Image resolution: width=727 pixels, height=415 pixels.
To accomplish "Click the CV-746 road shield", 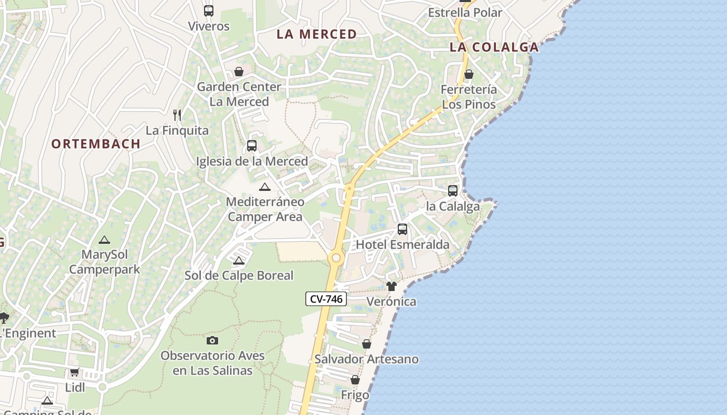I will tap(326, 299).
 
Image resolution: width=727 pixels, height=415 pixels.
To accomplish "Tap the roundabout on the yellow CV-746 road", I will tap(336, 258).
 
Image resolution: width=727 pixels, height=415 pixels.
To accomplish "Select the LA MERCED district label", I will tap(317, 34).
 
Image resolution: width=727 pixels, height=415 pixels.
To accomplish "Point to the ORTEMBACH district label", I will tap(96, 144).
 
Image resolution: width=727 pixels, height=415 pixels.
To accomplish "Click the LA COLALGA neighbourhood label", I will tap(494, 47).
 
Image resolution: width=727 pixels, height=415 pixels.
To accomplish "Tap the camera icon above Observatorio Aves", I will tap(212, 340).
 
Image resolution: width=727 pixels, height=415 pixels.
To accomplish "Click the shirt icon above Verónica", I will tap(392, 286).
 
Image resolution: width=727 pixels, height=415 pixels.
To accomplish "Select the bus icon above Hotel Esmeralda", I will tap(402, 229).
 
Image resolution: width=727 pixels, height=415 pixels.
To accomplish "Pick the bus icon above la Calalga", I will tap(453, 190).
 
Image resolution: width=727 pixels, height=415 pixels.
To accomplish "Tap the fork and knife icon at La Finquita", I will tap(177, 115).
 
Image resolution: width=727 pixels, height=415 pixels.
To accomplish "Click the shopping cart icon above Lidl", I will tap(74, 372).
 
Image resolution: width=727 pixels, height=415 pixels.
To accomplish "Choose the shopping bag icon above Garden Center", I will tap(239, 71).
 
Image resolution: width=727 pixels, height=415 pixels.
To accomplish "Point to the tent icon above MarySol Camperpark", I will tap(104, 240).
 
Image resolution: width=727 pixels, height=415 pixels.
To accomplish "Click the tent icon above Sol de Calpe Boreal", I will tap(239, 260).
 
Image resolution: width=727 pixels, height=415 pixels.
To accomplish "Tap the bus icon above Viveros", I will tap(209, 10).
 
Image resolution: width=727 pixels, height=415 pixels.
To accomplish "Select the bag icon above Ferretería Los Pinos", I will tap(469, 74).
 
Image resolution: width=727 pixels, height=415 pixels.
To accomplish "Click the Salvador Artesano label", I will tap(367, 359).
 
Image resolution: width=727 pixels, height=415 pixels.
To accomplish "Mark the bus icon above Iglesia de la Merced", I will tap(252, 146).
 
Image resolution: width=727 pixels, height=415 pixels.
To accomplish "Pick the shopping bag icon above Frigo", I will tap(355, 380).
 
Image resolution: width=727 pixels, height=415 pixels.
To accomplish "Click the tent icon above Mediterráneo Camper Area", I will tap(265, 187).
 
